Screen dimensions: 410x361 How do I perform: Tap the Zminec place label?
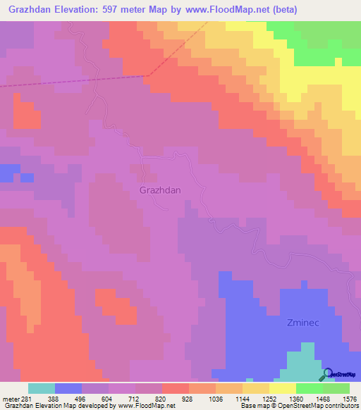(x=305, y=323)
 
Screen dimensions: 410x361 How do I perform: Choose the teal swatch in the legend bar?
(x=42, y=388)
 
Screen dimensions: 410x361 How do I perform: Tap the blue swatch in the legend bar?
(x=68, y=388)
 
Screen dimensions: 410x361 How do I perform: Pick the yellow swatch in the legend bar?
(x=256, y=388)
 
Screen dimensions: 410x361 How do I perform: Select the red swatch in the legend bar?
(x=176, y=388)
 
